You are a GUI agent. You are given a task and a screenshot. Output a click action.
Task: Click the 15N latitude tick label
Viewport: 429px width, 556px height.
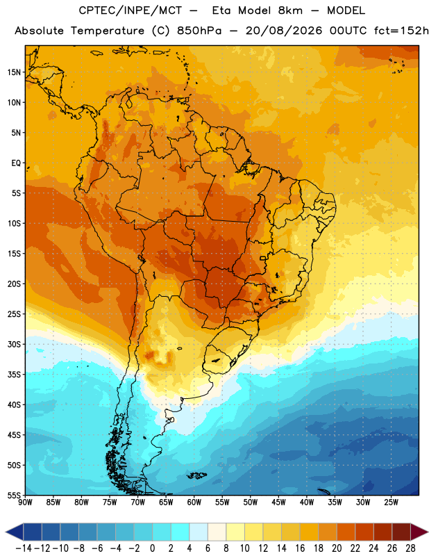14,72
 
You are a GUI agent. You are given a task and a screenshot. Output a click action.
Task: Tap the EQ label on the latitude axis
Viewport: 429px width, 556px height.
16,163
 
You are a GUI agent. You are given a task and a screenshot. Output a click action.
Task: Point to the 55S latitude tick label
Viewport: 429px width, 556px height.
14,495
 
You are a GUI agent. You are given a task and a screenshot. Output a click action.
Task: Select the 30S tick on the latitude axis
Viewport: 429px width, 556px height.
14,344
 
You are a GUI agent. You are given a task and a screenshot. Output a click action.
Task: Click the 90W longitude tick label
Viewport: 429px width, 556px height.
25,502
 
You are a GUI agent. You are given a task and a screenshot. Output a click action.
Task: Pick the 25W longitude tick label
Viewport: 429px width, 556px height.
391,502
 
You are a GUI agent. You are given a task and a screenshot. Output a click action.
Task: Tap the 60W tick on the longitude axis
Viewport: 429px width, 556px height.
194,502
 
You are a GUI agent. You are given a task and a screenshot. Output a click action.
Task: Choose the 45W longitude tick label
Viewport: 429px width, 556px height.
278,502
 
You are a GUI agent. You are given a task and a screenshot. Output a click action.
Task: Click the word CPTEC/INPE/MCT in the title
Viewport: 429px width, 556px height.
130,10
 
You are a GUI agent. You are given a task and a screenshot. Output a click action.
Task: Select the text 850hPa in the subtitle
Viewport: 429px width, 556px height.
199,31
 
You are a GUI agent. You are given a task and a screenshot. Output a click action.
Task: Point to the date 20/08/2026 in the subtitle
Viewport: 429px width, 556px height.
284,31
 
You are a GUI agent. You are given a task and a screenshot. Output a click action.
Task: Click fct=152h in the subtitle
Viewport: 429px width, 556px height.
401,31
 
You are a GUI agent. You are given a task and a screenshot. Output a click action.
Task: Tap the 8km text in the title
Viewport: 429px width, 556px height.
290,10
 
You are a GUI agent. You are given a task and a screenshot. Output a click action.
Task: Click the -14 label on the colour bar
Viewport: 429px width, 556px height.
24,548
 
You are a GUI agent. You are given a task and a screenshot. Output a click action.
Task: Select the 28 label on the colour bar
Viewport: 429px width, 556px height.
410,548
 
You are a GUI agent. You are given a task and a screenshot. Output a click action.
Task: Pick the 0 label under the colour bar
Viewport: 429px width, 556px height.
152,548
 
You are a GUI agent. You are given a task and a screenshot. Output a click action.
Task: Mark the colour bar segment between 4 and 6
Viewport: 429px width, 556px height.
199,532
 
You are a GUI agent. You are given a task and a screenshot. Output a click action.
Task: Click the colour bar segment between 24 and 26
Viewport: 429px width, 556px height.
382,532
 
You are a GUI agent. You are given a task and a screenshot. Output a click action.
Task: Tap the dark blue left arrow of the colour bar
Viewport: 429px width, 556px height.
15,532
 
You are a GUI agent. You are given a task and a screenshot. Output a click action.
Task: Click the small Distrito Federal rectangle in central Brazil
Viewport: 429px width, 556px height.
263,258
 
